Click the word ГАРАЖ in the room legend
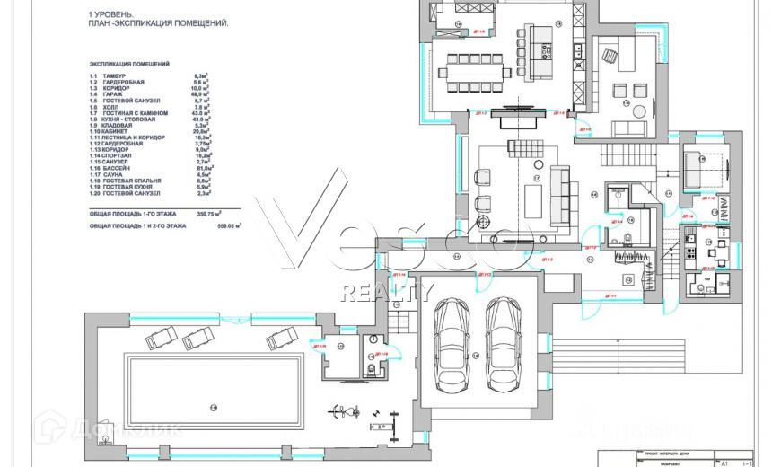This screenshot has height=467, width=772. point(113,93)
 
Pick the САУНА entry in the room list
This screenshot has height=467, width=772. point(113,174)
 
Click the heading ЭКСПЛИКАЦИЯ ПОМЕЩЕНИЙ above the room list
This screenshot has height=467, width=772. point(130,66)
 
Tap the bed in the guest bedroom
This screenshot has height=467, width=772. point(700,168)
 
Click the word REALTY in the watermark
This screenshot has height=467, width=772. point(387,292)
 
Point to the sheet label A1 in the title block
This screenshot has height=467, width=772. point(724,463)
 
